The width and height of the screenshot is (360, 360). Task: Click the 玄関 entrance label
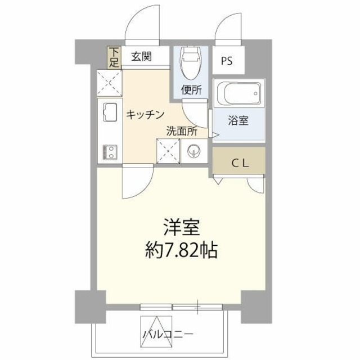(141, 56)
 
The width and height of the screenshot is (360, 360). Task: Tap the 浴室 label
(238, 121)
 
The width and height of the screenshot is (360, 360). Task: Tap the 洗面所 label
(181, 130)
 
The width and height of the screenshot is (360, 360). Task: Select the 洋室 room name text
(180, 228)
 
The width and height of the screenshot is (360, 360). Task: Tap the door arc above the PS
(230, 31)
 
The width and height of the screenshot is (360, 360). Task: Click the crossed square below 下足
(109, 83)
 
